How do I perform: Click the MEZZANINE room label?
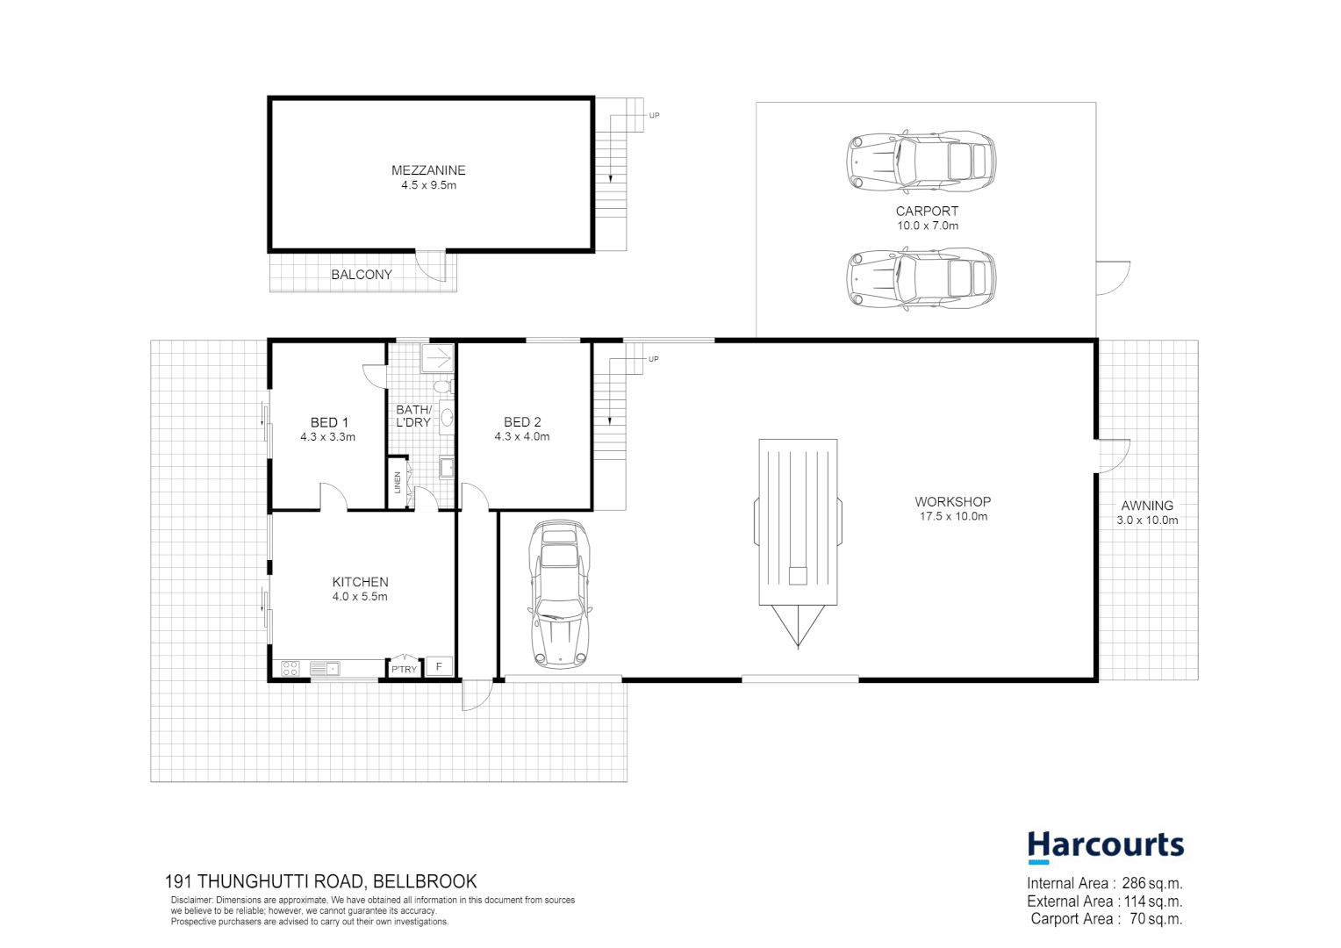[428, 170]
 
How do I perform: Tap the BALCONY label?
[361, 275]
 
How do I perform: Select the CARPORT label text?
[927, 211]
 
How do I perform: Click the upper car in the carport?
[921, 162]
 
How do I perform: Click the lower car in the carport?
[921, 277]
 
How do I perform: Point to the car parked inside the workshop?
[559, 594]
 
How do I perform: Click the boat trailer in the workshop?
[798, 527]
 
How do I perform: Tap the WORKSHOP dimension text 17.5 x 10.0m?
[953, 517]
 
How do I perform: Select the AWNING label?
[1147, 506]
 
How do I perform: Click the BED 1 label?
[329, 422]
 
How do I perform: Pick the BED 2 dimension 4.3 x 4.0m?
[522, 436]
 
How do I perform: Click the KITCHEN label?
[360, 582]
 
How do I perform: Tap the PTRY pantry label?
[405, 670]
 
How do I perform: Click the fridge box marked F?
[440, 667]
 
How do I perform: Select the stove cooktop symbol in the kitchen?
[290, 669]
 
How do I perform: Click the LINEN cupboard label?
[398, 482]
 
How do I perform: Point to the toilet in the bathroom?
[443, 387]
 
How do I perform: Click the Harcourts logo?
[1105, 846]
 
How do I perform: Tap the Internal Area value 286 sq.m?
[1151, 884]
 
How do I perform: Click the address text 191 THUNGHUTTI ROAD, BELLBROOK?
[321, 881]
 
